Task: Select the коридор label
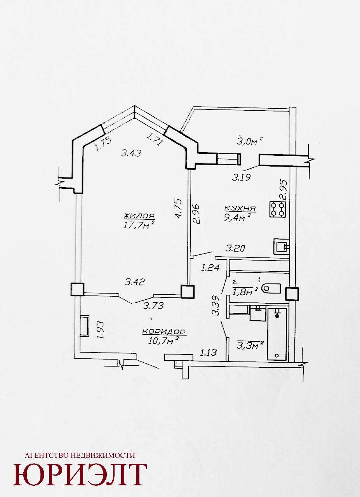pos(164,332)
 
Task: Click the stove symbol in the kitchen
pos(277,209)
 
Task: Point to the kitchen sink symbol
pos(282,246)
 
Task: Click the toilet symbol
pos(271,288)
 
